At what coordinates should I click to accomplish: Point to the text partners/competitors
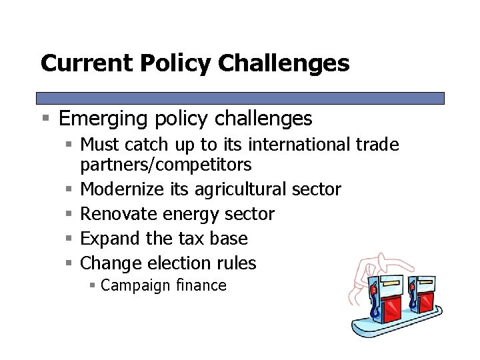166,164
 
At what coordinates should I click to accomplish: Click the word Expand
107,239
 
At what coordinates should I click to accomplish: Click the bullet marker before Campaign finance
94,286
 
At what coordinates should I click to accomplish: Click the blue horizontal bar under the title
240,98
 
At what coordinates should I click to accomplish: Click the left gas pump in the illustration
389,301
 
